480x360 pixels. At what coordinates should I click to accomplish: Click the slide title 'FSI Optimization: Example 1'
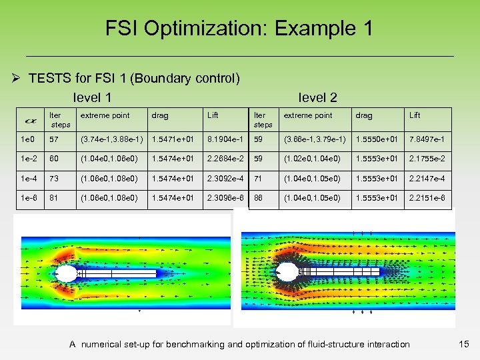pyautogui.click(x=239, y=29)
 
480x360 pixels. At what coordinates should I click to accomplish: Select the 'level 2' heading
pyautogui.click(x=317, y=97)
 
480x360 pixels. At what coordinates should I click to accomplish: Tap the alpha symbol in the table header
pyautogui.click(x=30, y=121)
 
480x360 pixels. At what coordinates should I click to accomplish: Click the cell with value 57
pyautogui.click(x=54, y=139)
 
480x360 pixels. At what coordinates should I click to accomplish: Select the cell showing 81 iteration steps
pyautogui.click(x=54, y=198)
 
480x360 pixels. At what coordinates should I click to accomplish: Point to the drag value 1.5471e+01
pyautogui.click(x=172, y=139)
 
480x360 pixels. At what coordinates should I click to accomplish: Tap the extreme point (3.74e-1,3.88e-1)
pyautogui.click(x=111, y=139)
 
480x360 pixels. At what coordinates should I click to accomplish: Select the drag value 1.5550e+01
pyautogui.click(x=376, y=139)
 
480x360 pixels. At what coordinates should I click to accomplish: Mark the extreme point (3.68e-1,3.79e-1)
pyautogui.click(x=315, y=139)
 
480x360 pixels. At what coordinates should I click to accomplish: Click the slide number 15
pyautogui.click(x=464, y=344)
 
